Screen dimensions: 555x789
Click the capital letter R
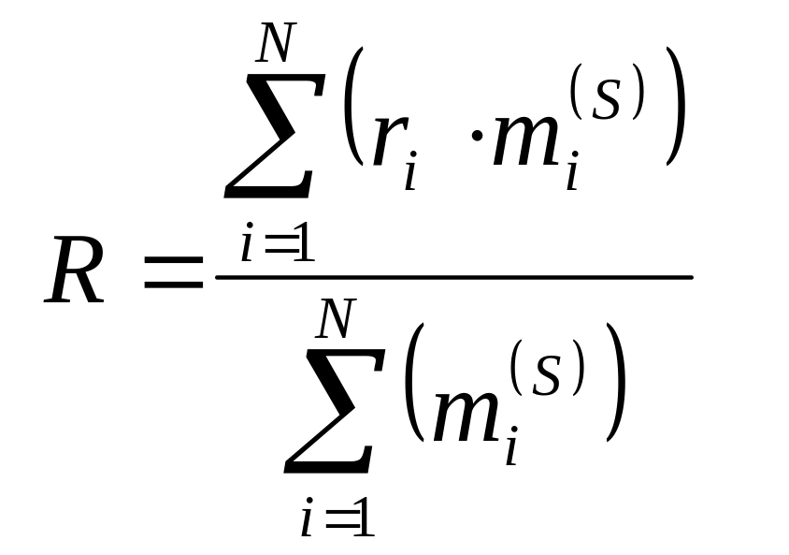pyautogui.click(x=75, y=274)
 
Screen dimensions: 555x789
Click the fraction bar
pyautogui.click(x=453, y=277)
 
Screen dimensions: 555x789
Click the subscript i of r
pyautogui.click(x=410, y=174)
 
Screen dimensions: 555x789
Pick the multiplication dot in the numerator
pyautogui.click(x=458, y=144)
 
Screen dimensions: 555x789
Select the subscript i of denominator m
pyautogui.click(x=512, y=448)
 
